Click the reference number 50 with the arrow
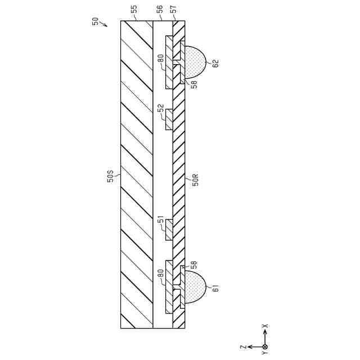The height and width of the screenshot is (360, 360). [x=95, y=21]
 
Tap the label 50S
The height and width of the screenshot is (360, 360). [x=111, y=179]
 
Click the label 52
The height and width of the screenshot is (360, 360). [x=161, y=109]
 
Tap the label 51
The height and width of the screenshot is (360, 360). [x=161, y=225]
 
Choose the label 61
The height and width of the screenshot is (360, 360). [x=214, y=289]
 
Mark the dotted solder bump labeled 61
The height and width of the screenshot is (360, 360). [x=195, y=287]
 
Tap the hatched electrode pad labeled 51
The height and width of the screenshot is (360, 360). [x=169, y=229]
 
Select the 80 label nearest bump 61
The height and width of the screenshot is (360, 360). [x=161, y=276]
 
